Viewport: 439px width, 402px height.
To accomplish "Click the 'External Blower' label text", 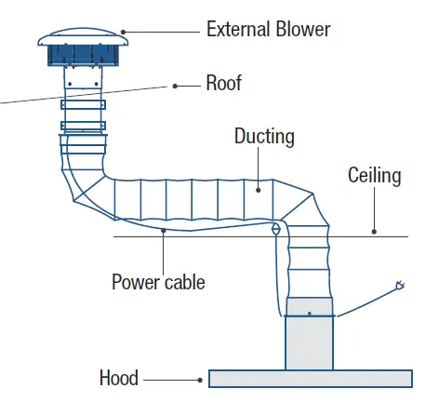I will coord(268,29).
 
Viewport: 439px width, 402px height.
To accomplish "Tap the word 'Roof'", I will coord(223,84).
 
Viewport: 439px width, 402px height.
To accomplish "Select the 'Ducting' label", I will coord(264,138).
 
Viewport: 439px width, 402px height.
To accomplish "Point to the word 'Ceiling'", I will coord(374,175).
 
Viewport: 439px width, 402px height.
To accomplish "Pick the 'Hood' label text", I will coord(119,378).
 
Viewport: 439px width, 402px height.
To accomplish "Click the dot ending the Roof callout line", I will coord(174,85).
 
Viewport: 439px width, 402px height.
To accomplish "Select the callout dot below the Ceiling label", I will coord(373,230).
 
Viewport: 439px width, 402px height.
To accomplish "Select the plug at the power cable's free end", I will coord(400,285).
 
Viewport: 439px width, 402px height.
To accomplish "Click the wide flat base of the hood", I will coord(311,378).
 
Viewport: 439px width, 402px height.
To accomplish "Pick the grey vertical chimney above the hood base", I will coord(309,341).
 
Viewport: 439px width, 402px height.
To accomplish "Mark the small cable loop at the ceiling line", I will coord(275,229).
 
